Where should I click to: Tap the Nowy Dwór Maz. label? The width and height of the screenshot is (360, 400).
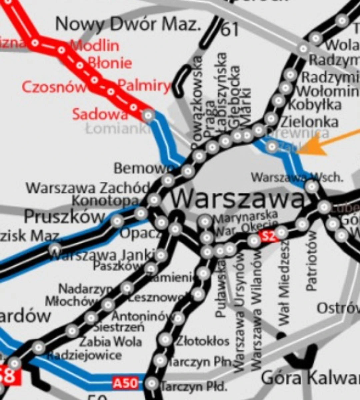[x=128, y=24]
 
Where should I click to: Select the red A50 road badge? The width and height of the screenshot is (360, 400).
[x=125, y=383]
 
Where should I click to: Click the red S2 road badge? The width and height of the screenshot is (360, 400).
[x=269, y=236]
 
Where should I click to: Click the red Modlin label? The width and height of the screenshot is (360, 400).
[x=95, y=45]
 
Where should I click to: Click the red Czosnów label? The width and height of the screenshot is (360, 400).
[x=53, y=87]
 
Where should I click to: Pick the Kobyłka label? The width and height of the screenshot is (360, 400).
[x=314, y=105]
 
